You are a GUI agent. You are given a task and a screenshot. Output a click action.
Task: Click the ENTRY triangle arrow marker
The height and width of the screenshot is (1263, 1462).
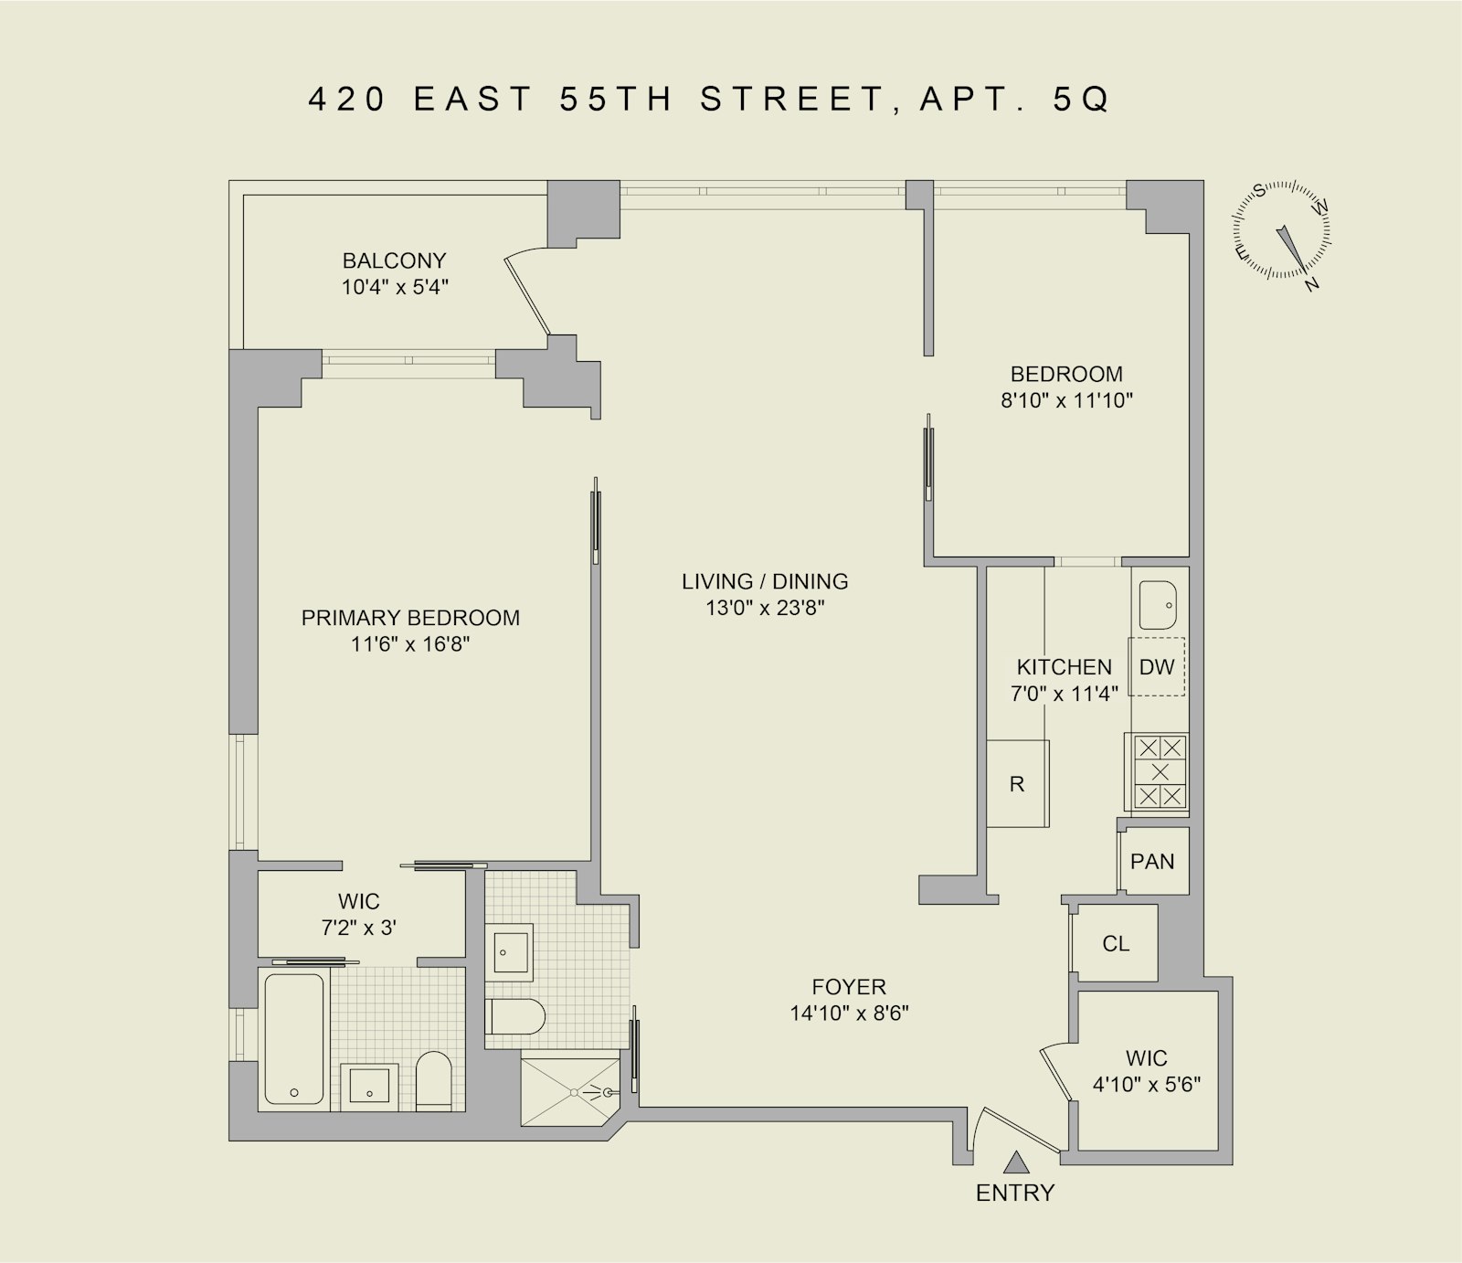pos(1015,1162)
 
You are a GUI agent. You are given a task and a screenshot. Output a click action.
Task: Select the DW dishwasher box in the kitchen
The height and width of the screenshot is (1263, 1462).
pos(1157,666)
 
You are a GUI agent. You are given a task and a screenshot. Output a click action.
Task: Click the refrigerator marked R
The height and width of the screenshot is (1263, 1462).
pos(1017,784)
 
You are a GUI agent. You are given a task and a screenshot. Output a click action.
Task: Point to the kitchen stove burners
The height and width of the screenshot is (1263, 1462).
pos(1160,772)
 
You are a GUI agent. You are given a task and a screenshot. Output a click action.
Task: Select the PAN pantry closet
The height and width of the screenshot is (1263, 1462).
pos(1152,861)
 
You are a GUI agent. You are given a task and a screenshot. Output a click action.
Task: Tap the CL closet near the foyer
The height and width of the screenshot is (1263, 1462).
pos(1116,943)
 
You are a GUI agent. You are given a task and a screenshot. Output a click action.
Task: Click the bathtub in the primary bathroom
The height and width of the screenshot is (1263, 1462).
pos(294,1040)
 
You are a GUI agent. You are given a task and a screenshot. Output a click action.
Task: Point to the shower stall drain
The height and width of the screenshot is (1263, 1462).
pos(574,1091)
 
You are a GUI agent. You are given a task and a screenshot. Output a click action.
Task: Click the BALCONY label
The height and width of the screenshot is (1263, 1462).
pos(394,260)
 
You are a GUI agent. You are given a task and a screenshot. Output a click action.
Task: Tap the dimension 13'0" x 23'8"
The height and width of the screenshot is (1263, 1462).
pos(765,608)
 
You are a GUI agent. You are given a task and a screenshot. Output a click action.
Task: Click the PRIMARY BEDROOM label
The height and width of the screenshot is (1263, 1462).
pos(410,618)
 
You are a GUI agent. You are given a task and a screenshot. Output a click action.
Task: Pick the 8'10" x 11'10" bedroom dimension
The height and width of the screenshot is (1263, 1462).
pos(1066,400)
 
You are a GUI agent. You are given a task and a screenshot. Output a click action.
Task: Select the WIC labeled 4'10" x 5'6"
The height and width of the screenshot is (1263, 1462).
pos(1146,1071)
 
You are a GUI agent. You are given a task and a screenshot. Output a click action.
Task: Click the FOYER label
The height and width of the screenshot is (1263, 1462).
pos(849,987)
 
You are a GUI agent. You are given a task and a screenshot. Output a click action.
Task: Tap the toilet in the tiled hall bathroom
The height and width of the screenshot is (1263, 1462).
pos(515,1015)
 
